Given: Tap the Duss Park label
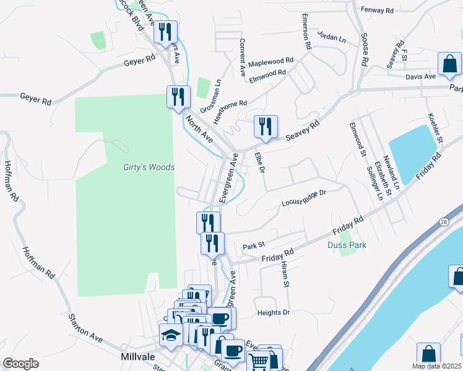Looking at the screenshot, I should [x=347, y=245].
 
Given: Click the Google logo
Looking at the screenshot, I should [x=20, y=364].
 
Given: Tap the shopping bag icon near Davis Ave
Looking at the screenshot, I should [x=449, y=64].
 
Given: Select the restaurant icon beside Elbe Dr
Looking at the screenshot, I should [x=266, y=127].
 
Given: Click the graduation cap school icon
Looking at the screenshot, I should [x=171, y=336].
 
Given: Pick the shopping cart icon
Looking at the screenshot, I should [x=258, y=361].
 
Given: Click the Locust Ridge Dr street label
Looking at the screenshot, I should [x=303, y=197].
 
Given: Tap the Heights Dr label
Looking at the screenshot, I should [x=274, y=313].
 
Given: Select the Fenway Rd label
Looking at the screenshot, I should [x=376, y=11].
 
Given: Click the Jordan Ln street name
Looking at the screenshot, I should [x=332, y=36].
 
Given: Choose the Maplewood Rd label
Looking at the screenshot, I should [x=270, y=62].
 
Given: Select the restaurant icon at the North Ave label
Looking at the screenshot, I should [x=178, y=97].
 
